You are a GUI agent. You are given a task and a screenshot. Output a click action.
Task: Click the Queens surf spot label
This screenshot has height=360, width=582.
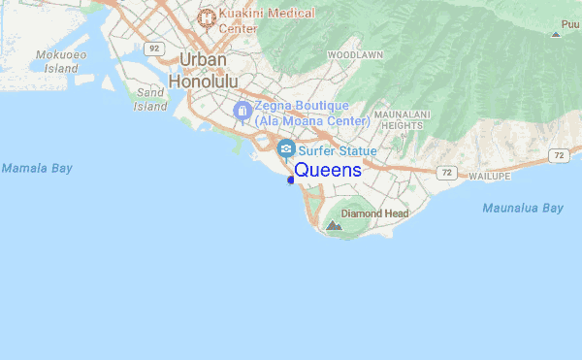coord(328,170)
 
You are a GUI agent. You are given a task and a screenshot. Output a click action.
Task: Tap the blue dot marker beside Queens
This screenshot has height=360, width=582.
coord(290,180)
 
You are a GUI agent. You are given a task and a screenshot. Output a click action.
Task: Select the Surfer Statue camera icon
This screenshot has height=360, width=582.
coord(286,149)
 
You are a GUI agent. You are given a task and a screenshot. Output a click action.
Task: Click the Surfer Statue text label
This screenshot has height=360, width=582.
coord(338,150)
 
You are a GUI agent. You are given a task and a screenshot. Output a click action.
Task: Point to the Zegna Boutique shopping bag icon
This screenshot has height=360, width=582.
coord(242,110)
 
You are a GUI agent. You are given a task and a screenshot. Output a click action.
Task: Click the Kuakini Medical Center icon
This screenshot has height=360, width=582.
coord(206,17)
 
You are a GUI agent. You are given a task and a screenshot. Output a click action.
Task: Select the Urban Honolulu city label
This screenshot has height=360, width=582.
coord(203,71)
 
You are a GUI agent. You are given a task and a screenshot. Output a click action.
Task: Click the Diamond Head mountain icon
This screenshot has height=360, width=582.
coord(334,226)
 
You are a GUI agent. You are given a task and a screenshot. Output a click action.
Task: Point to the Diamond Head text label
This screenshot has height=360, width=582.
coord(374,213)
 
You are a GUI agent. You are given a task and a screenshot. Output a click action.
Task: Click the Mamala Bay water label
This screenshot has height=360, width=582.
coord(37,168)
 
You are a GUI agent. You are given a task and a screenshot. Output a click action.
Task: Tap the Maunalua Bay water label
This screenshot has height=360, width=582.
coord(523,208)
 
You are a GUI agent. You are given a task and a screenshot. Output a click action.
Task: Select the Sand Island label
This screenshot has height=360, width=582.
coord(150,99)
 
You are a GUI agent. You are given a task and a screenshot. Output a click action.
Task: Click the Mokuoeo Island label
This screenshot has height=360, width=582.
coord(56,61)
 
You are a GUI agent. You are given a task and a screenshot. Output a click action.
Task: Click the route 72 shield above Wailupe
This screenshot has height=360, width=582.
coord(446,173)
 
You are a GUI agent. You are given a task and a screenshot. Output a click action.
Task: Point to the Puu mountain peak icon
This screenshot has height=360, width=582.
coord(555,34)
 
